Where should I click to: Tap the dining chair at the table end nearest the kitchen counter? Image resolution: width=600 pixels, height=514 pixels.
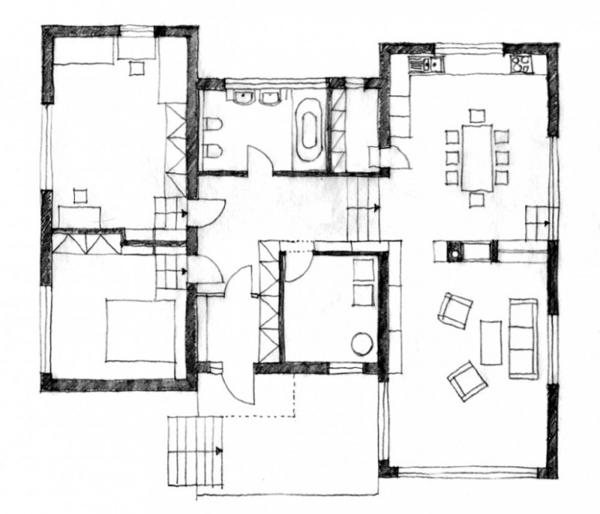pos(477,116)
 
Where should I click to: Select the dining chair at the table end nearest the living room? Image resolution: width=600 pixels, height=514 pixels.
pos(476,199)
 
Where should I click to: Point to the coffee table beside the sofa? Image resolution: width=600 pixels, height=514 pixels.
pos(491,341)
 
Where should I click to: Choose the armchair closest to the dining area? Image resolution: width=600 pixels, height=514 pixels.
pos(454,310)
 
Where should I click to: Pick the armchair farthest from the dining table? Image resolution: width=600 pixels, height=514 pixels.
pos(466,380)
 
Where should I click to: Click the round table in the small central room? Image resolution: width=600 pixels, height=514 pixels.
pos(362,342)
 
